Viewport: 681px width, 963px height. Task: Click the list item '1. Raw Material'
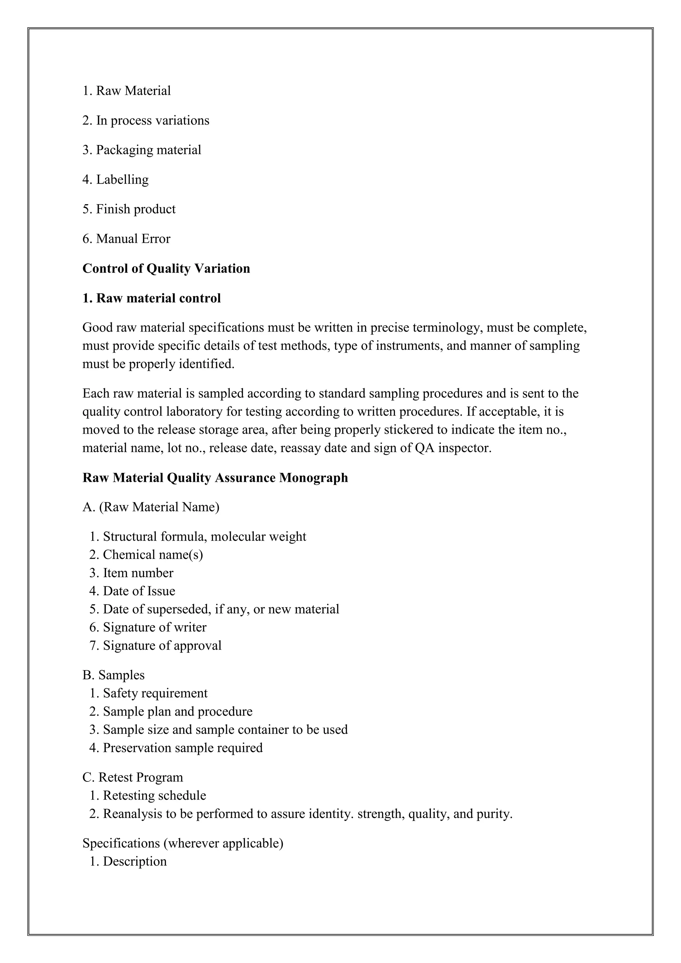127,90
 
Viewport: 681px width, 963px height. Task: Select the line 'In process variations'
146,120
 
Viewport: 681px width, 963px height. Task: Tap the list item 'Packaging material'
142,150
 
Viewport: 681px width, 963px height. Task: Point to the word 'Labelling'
122,180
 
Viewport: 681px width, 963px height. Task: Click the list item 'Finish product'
129,209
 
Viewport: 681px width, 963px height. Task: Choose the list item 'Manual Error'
127,239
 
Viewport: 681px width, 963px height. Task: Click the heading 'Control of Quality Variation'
166,268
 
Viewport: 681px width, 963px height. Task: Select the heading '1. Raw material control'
151,298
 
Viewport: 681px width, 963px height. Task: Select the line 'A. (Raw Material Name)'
151,507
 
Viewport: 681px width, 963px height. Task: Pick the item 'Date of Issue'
133,591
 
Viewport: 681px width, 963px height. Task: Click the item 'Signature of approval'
156,645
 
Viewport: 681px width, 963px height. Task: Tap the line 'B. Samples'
114,675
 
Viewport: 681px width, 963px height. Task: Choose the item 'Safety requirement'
149,693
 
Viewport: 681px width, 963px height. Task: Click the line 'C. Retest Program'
133,777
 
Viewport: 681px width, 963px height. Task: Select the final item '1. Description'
128,862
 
